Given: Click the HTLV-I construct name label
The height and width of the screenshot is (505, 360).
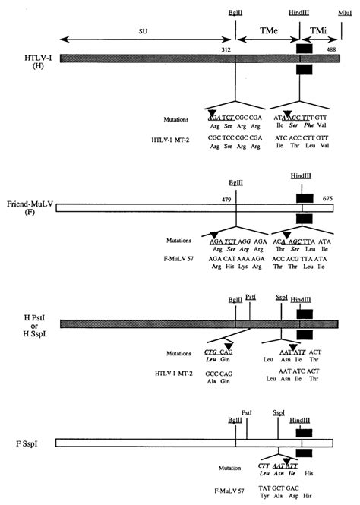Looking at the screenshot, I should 16,56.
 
